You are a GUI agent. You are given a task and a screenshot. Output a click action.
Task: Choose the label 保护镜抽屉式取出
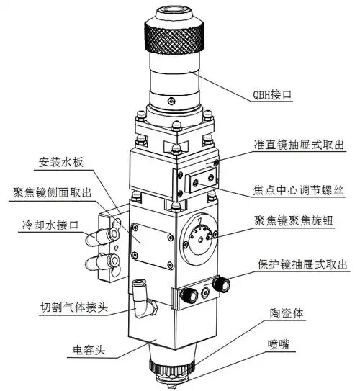(x=302, y=264)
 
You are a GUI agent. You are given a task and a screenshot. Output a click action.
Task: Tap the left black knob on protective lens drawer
(x=191, y=293)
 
